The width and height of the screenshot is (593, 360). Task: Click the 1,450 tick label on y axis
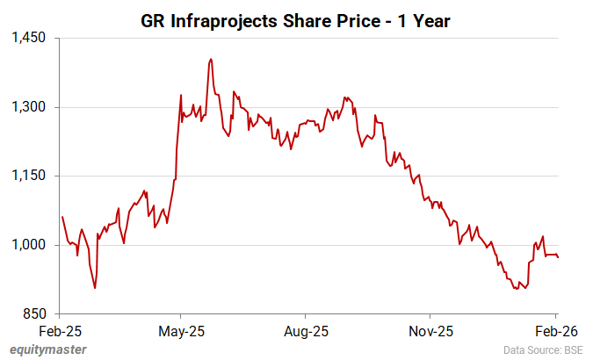coord(29,39)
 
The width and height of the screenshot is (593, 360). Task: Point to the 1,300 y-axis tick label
coord(29,107)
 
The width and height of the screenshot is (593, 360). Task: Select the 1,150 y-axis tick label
coord(29,176)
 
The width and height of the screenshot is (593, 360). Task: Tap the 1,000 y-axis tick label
coord(29,245)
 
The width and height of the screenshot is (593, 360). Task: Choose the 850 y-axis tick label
coord(36,313)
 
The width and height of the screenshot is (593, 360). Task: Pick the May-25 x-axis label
coord(180,332)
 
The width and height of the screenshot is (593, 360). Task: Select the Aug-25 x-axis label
coord(305,332)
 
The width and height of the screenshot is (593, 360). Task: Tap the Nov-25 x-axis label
coord(430,332)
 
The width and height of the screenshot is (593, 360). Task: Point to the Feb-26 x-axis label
coord(555,332)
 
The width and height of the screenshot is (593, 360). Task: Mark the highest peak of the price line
coord(211,59)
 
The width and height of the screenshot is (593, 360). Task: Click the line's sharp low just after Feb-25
coord(95,287)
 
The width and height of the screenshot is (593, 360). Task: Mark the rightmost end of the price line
coord(559,256)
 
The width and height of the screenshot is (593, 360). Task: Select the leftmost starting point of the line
coord(61,216)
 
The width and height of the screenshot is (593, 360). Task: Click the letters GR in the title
coord(153,20)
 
